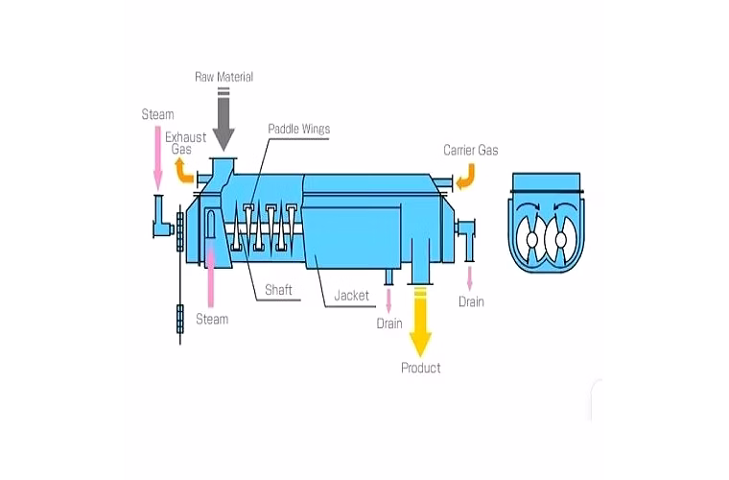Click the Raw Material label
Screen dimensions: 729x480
coord(223,77)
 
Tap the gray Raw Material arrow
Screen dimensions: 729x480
coord(223,120)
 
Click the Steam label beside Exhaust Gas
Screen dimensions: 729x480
coord(157,114)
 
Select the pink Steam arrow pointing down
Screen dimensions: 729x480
coord(158,158)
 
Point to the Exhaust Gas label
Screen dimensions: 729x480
coord(185,143)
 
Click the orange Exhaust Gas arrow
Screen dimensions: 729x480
coord(183,170)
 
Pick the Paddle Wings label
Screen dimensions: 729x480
coord(299,129)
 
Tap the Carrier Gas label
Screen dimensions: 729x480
coord(471,150)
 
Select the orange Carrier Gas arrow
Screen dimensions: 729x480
coord(467,177)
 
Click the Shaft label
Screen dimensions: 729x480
coord(278,290)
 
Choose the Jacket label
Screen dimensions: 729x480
coord(351,296)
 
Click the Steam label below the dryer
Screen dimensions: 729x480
coord(212,319)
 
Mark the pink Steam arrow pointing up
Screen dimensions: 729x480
coord(211,276)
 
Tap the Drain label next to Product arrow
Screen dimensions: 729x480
coord(389,324)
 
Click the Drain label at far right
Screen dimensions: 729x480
coord(471,301)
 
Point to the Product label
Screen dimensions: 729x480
coord(421,368)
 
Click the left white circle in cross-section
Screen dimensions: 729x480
coord(531,240)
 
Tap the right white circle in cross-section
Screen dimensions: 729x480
coord(561,240)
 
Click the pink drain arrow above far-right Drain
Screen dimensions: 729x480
coord(470,279)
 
